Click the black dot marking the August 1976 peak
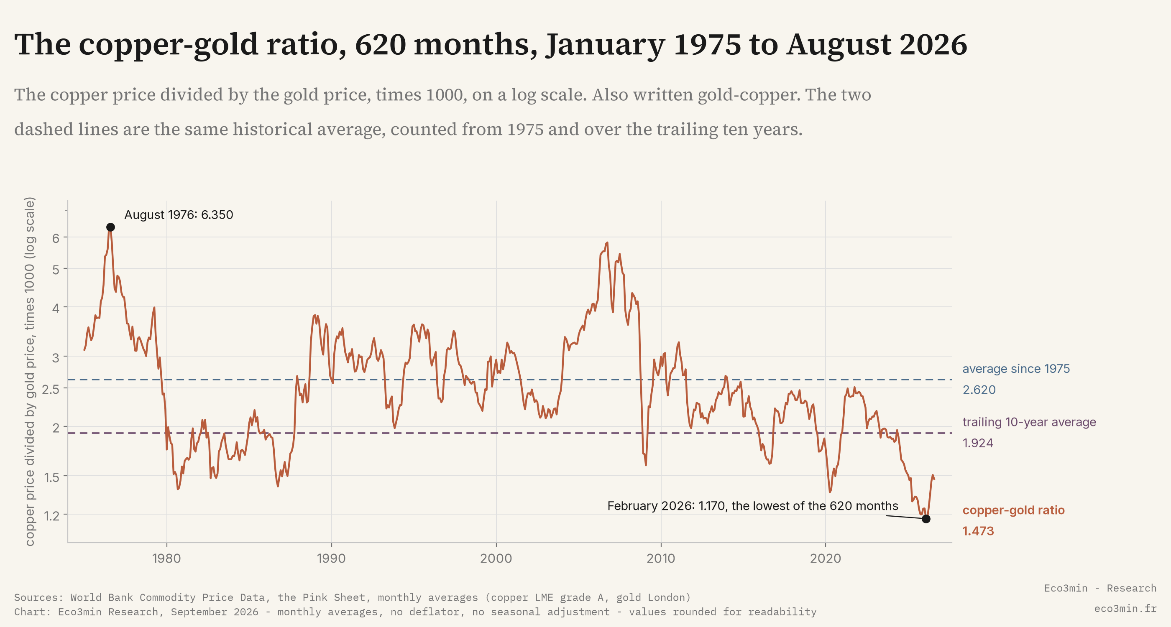pyautogui.click(x=110, y=227)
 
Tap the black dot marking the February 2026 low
pyautogui.click(x=926, y=519)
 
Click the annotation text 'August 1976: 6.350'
pyautogui.click(x=179, y=215)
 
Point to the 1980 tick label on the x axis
pyautogui.click(x=166, y=558)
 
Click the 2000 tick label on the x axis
pyautogui.click(x=496, y=558)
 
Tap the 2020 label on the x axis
pyautogui.click(x=826, y=558)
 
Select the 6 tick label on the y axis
pyautogui.click(x=56, y=238)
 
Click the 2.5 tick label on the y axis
pyautogui.click(x=51, y=389)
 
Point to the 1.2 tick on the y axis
pyautogui.click(x=52, y=516)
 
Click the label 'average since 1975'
pyautogui.click(x=1016, y=369)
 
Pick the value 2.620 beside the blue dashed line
pyautogui.click(x=979, y=390)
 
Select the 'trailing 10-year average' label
pyautogui.click(x=1029, y=422)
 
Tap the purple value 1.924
pyautogui.click(x=978, y=443)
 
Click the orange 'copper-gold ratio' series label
pyautogui.click(x=1014, y=510)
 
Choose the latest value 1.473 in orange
pyautogui.click(x=978, y=531)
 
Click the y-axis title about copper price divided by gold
pyautogui.click(x=29, y=371)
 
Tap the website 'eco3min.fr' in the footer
pyautogui.click(x=1125, y=608)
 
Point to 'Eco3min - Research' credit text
pyautogui.click(x=1100, y=588)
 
